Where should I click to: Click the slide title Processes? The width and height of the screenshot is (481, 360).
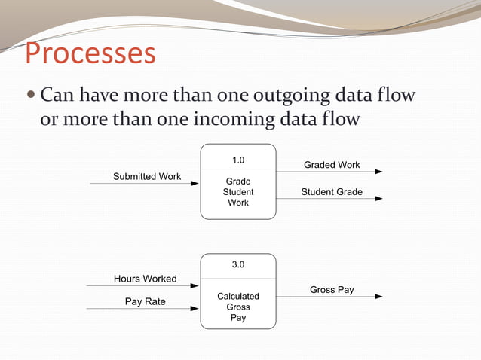coord(90,54)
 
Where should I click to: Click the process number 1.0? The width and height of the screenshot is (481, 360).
coord(238,160)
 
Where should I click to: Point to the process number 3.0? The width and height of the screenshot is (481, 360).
coord(238,264)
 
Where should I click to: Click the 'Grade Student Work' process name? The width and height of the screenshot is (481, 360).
coord(238,192)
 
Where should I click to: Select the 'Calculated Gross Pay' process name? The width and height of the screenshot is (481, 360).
coord(238,307)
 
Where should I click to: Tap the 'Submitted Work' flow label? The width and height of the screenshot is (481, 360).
coord(147,176)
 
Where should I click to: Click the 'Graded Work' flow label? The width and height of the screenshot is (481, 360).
coord(332,165)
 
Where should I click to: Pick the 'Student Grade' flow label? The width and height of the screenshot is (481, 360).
coord(332,192)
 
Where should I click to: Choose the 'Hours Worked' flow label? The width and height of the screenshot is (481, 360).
coord(146,279)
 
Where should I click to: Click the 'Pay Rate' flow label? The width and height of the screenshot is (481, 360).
coord(146,301)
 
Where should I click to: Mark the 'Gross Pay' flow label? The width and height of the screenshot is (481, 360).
coord(332,290)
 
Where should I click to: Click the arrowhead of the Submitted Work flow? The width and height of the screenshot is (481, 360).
coord(196,183)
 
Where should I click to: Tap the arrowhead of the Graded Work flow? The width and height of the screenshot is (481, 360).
coord(378,172)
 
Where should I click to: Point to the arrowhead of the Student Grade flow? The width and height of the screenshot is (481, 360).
coord(378,199)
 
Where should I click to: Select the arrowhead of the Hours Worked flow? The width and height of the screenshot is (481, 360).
coord(196,285)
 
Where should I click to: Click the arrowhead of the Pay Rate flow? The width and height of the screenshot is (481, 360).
coord(196,308)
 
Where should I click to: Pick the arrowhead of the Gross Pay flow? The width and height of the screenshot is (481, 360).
coord(378,297)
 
